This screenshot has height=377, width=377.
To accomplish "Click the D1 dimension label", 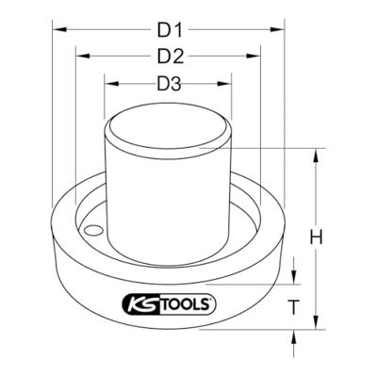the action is coord(170,30).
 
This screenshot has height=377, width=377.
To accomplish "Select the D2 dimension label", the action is coord(171,57).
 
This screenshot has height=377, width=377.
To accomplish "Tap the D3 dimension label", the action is coord(170,84).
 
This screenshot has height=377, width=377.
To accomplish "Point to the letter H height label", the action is coord(316,238).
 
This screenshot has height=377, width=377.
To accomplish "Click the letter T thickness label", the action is coord(293,307).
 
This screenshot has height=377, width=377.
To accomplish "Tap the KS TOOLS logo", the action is coord(169,304).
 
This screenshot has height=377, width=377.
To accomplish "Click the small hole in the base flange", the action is coord(93,231).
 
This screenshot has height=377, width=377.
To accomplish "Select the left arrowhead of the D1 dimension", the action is coord(59,29).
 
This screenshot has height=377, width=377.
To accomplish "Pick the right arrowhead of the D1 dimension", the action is coord(277,29).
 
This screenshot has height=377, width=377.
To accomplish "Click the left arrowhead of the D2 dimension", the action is coord(83,56).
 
